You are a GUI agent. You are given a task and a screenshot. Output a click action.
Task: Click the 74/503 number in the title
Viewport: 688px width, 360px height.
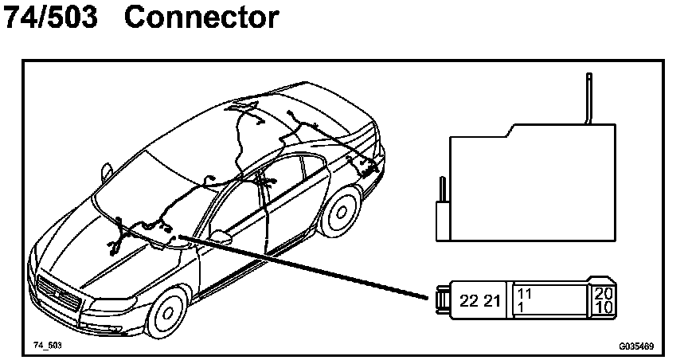(x=51, y=17)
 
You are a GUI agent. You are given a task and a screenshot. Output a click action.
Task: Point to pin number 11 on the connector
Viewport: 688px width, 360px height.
(x=524, y=293)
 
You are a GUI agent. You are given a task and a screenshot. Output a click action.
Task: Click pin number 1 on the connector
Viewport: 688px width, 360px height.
(x=521, y=307)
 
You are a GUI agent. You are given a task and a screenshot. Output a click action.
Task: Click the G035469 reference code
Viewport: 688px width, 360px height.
(x=636, y=346)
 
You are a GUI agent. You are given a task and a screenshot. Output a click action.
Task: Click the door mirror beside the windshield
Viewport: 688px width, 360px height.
(x=221, y=237)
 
